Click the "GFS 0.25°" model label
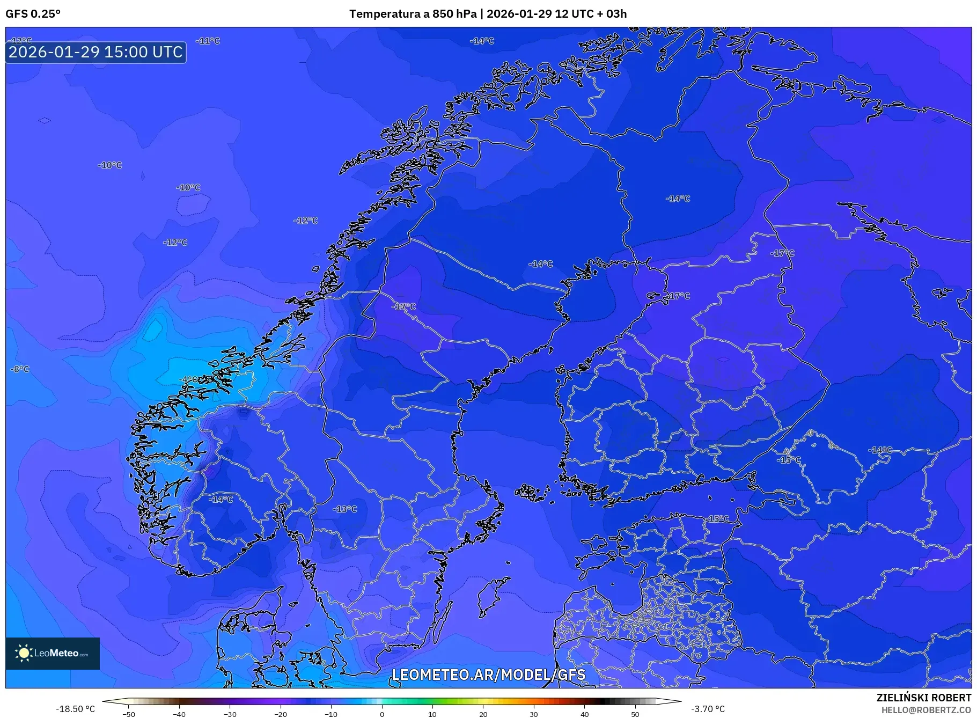(x=33, y=14)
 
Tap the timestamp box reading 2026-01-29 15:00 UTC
(x=96, y=52)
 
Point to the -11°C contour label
(x=208, y=41)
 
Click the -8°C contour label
(x=20, y=369)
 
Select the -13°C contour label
(x=344, y=509)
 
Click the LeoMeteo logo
(x=53, y=653)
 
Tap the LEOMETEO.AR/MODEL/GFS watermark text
(x=488, y=675)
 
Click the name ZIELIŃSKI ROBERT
(x=923, y=698)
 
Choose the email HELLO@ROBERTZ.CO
(x=926, y=710)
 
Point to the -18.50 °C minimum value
(x=75, y=709)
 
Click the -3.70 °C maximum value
(x=708, y=709)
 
